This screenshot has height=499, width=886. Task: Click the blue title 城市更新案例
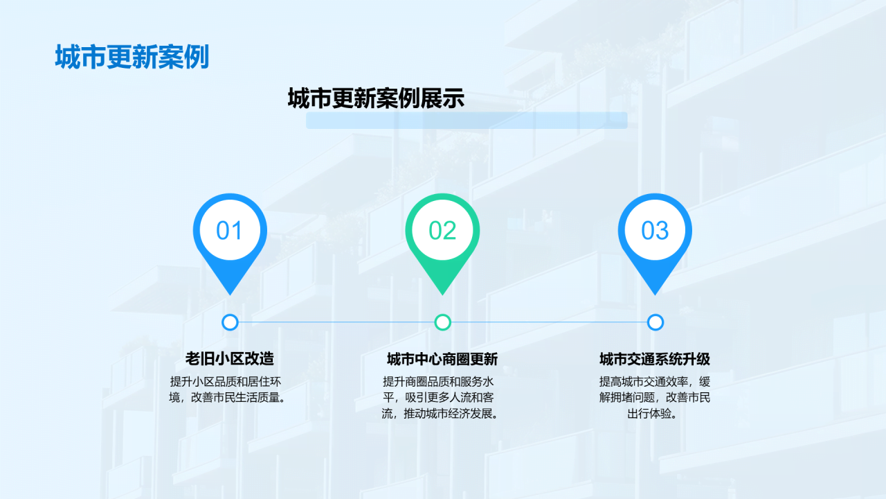132,58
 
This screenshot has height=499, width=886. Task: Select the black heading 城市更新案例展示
376,99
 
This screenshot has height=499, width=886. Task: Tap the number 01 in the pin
229,231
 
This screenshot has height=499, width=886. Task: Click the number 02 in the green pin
442,231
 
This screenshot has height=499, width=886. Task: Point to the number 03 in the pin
655,231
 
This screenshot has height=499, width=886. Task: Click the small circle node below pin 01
230,322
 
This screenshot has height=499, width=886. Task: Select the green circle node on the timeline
443,322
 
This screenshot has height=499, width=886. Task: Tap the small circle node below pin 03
656,322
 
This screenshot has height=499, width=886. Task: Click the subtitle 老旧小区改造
230,359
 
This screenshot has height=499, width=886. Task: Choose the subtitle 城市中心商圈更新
442,359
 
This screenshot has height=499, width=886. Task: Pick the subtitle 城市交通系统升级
655,359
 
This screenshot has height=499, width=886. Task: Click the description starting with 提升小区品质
230,389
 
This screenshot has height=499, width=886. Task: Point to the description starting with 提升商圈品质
442,398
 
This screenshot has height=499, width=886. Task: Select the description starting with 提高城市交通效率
655,398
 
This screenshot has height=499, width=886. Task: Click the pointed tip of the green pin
442,292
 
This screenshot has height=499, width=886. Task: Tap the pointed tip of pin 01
230,292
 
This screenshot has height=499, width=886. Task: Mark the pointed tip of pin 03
655,292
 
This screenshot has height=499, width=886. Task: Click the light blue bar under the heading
467,121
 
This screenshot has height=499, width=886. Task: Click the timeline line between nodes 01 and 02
336,322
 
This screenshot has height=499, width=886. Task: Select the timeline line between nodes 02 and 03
549,322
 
